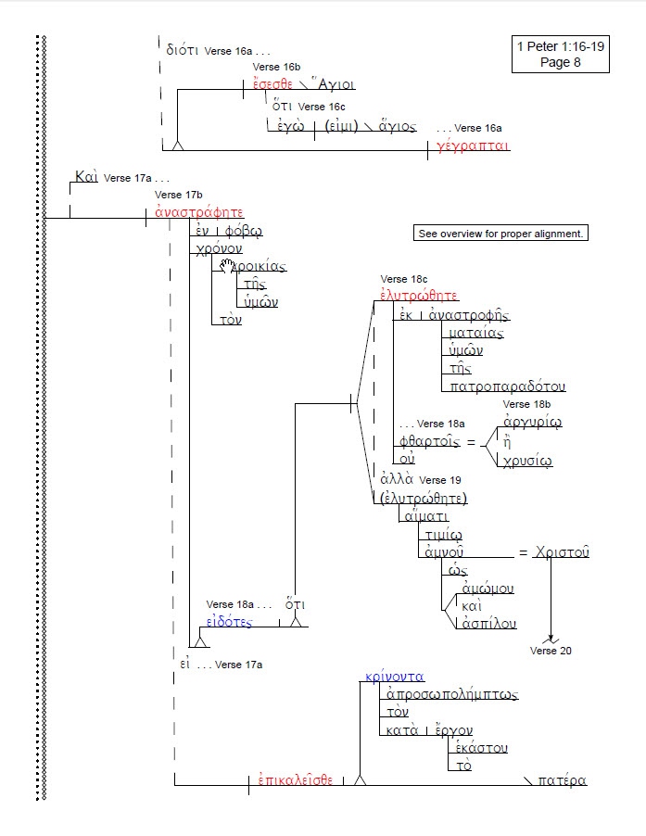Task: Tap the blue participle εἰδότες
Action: [229, 623]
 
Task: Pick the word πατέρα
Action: [562, 780]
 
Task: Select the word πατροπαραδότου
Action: [507, 386]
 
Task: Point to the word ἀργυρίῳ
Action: [530, 423]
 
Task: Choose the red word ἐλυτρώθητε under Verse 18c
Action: [420, 296]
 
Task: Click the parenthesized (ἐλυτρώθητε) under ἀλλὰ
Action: [424, 499]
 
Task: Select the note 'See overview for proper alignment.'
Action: [500, 234]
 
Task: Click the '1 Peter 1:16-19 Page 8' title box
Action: [560, 55]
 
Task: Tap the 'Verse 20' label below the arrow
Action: [551, 651]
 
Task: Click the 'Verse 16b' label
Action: [276, 68]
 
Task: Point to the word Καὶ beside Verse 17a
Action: [86, 176]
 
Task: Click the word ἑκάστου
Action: [481, 748]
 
